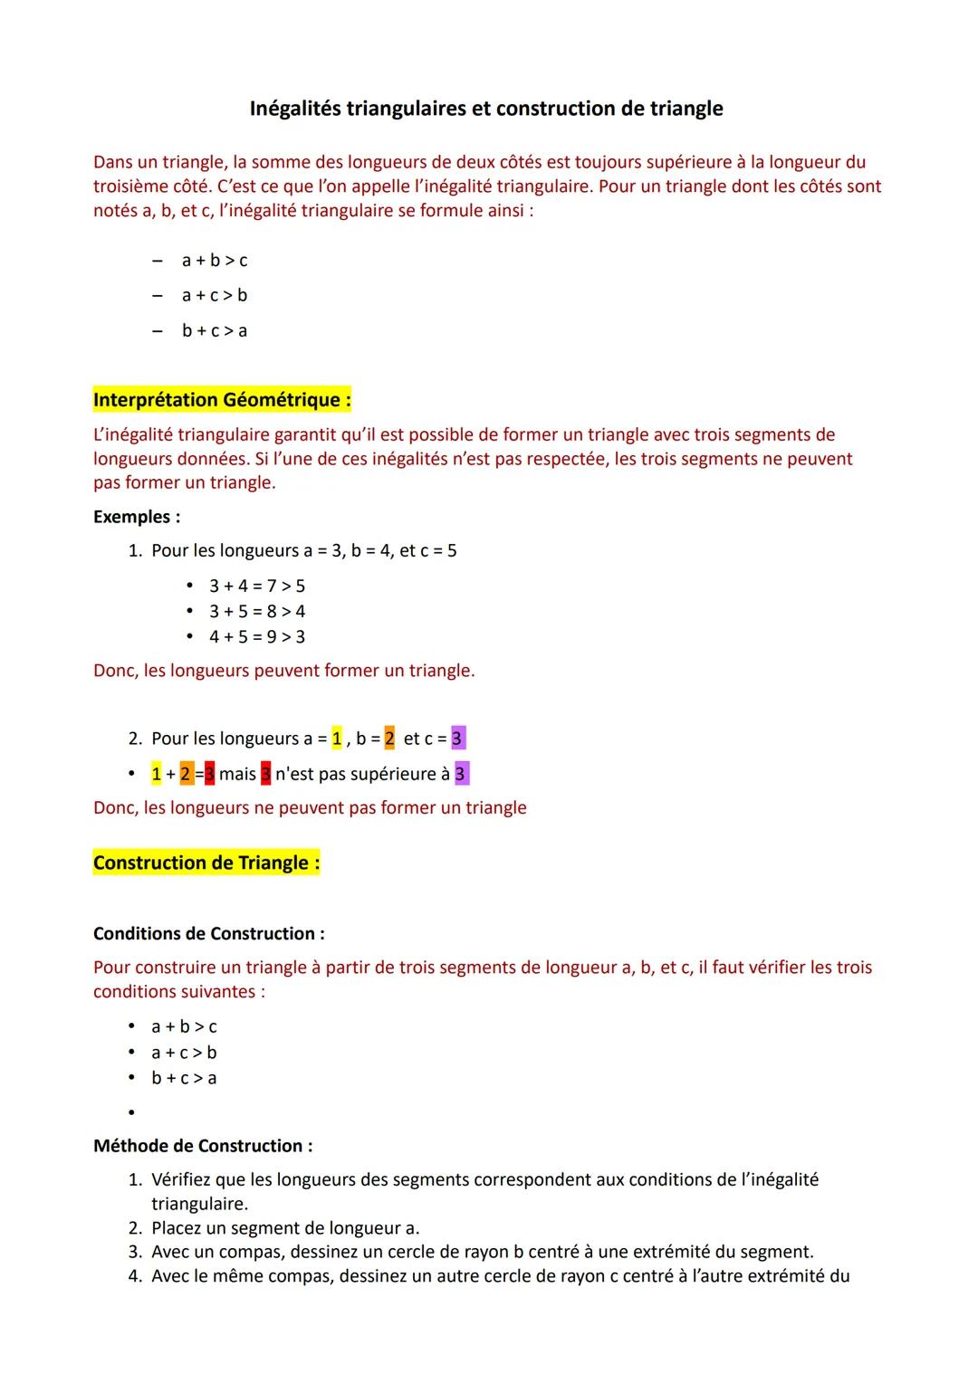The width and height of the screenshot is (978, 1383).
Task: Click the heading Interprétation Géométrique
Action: (222, 399)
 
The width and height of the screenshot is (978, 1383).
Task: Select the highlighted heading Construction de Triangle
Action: (206, 863)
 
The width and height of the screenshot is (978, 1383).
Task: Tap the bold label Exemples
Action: (136, 517)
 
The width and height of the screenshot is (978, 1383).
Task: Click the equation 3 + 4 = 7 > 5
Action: (256, 586)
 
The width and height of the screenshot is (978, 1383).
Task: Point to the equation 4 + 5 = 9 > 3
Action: (256, 636)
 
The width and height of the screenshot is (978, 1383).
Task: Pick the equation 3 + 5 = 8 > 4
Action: (256, 611)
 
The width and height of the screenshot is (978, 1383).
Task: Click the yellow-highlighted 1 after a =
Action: (337, 739)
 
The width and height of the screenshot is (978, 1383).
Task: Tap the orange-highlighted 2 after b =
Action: (389, 739)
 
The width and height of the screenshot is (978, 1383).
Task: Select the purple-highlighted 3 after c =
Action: (457, 739)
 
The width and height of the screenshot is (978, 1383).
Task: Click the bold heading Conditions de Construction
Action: (208, 933)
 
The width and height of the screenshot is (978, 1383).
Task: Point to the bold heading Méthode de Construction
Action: (203, 1146)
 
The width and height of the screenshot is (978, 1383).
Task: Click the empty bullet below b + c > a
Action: (131, 1112)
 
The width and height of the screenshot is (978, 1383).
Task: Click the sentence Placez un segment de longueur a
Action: (284, 1228)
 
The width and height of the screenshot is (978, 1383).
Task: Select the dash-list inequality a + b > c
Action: (214, 261)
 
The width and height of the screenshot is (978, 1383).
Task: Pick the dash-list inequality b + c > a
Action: (214, 330)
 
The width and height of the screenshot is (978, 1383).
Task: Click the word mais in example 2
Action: (237, 774)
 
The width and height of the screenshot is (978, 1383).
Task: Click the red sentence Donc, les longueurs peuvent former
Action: (283, 671)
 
